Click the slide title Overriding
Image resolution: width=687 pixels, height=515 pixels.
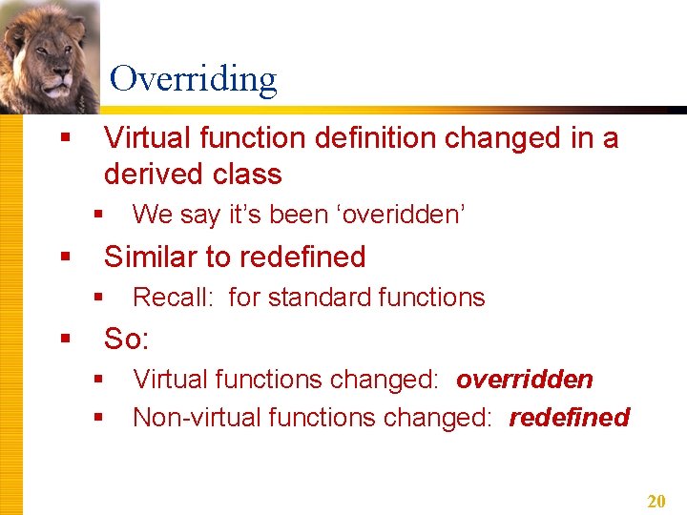pyautogui.click(x=193, y=79)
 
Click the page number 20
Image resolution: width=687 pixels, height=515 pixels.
pyautogui.click(x=656, y=502)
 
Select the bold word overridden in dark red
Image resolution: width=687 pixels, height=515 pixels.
pyautogui.click(x=524, y=380)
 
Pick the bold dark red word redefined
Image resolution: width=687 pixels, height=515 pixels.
pyautogui.click(x=569, y=418)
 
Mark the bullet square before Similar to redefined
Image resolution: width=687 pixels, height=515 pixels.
pyautogui.click(x=65, y=257)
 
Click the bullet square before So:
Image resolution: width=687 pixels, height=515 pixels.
pyautogui.click(x=65, y=339)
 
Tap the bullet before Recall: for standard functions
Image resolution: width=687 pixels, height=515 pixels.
pyautogui.click(x=98, y=298)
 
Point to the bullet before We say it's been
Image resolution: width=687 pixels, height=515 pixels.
pyautogui.click(x=98, y=215)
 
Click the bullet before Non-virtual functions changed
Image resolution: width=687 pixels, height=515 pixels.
pyautogui.click(x=98, y=418)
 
